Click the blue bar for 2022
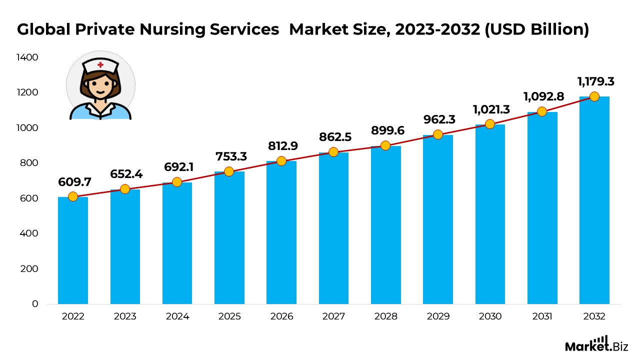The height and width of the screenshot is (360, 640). click(x=73, y=250)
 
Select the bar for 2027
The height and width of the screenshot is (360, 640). click(x=333, y=228)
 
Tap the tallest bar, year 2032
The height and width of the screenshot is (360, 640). click(x=594, y=200)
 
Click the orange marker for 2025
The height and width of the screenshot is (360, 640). click(x=229, y=171)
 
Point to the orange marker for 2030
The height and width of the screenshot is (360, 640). click(x=490, y=124)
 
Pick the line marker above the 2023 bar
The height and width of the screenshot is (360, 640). click(x=125, y=189)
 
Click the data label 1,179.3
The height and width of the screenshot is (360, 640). click(x=595, y=81)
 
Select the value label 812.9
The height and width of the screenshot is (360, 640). click(x=281, y=145)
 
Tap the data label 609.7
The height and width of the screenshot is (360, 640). click(x=73, y=181)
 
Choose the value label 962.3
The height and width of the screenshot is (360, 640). click(x=438, y=120)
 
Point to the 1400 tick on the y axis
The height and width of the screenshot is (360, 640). click(x=28, y=57)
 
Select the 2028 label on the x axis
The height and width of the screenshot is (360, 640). click(x=385, y=316)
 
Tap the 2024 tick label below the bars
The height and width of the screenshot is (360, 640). click(x=177, y=316)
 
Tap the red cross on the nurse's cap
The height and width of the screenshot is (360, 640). click(x=100, y=64)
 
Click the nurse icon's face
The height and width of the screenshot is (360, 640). click(x=100, y=86)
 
